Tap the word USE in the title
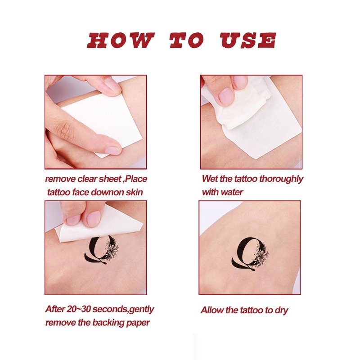pyautogui.click(x=248, y=40)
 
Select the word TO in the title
pyautogui.click(x=187, y=40)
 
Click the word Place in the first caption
pyautogui.click(x=136, y=179)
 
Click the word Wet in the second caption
pyautogui.click(x=210, y=179)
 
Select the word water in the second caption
pyautogui.click(x=231, y=192)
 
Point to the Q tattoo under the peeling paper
pyautogui.click(x=101, y=250)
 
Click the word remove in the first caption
pyautogui.click(x=60, y=179)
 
